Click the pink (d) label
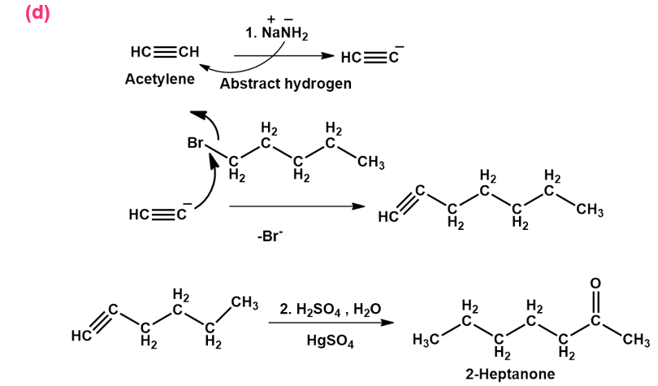[x=37, y=14]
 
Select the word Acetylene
[x=161, y=80]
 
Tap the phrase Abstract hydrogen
[x=285, y=83]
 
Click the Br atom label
[x=196, y=143]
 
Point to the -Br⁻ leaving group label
[x=269, y=241]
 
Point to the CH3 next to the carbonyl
[x=634, y=340]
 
